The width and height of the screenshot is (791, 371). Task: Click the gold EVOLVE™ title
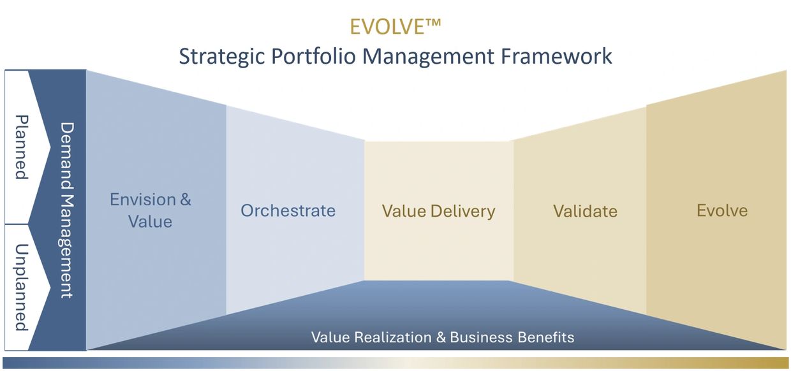395,27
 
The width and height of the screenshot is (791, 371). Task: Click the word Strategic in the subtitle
222,57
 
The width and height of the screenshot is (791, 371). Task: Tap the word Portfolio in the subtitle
313,56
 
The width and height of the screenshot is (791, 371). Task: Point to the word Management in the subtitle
428,57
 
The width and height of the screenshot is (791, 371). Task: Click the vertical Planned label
22,147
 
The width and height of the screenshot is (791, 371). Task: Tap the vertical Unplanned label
22,287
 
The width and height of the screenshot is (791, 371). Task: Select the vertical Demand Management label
67,210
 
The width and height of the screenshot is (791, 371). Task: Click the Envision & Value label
150,210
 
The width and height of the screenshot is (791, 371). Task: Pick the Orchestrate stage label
288,211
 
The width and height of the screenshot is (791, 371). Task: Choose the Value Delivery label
439,212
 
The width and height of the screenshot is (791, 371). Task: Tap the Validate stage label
585,212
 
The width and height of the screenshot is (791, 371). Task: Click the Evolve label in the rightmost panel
722,211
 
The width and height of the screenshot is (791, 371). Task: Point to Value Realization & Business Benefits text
443,337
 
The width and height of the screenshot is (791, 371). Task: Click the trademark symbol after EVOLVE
433,22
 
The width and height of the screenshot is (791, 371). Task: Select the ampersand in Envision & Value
186,200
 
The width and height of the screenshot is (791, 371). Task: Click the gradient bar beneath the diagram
395,363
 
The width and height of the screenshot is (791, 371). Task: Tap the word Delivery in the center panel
463,212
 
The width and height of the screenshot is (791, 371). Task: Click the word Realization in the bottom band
393,337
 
